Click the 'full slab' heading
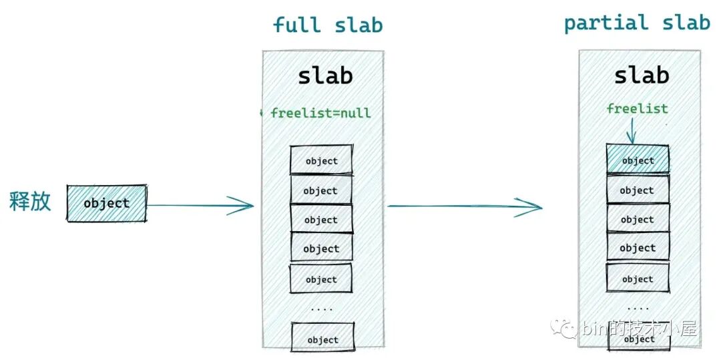coord(328,25)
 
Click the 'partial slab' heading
coord(636,23)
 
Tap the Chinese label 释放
coord(30,201)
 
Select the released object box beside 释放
coord(107,203)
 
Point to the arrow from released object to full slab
coord(200,205)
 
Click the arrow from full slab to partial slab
coord(465,206)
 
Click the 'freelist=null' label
coord(320,113)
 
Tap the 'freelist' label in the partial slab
coord(637,108)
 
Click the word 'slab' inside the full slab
coord(325,75)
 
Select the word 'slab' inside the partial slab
coord(641,75)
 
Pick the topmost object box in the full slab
coord(321,160)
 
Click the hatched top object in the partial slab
coord(638,160)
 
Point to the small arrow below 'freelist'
coord(632,131)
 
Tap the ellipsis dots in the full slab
coord(322,309)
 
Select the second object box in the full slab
coord(320,190)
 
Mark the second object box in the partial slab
coord(638,190)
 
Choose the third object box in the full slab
coord(321,219)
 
